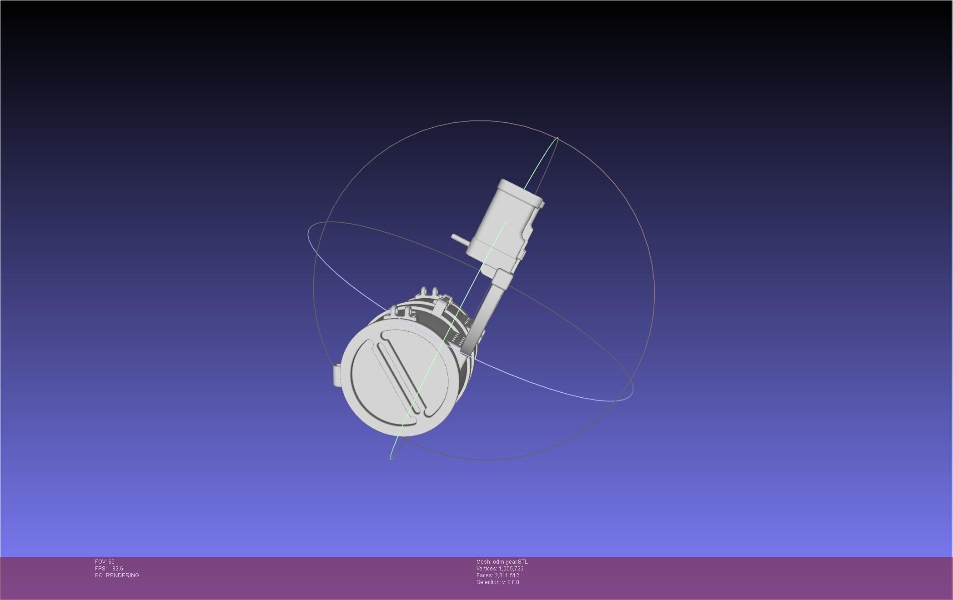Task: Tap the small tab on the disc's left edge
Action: (337, 375)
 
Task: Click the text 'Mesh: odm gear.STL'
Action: (502, 562)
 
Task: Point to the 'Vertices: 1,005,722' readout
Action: (500, 569)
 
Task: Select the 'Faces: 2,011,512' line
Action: (497, 575)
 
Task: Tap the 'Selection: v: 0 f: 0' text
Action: (497, 582)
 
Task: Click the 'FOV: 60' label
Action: (105, 562)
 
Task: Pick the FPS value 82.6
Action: (118, 569)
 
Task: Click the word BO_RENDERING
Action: (117, 575)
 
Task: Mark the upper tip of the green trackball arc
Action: (557, 138)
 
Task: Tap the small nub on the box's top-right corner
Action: (542, 205)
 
